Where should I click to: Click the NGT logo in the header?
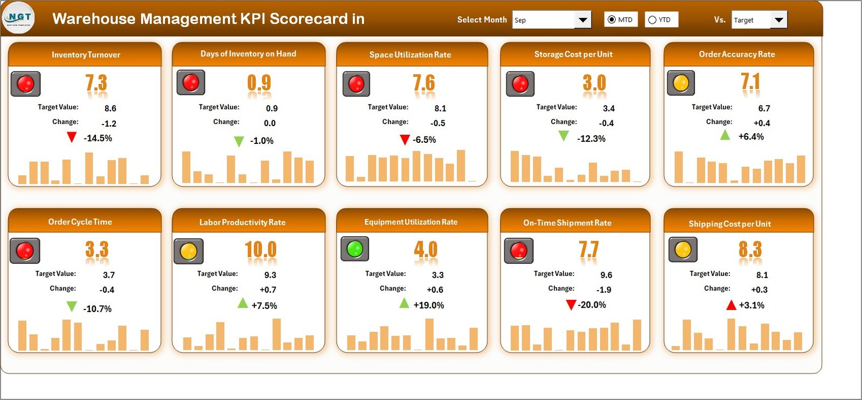point(19,18)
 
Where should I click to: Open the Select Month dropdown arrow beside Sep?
point(582,20)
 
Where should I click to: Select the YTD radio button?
point(652,20)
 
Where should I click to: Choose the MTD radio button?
point(611,19)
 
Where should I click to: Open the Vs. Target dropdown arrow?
point(778,20)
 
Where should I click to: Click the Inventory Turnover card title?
point(86,54)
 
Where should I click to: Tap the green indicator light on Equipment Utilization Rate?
point(354,249)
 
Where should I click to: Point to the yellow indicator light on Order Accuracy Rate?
point(681,83)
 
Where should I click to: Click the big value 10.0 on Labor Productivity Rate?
point(260,250)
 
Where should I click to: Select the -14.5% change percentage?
point(98,138)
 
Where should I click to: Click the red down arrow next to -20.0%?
point(571,305)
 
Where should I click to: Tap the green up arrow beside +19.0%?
point(404,304)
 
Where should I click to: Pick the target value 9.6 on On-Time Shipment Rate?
point(606,275)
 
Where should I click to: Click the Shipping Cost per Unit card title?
point(729,224)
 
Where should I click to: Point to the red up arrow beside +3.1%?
point(731,306)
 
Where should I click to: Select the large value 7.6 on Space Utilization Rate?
point(423,83)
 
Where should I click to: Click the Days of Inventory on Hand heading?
point(248,53)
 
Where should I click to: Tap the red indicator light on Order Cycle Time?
point(25,251)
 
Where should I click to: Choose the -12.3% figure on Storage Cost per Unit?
point(591,139)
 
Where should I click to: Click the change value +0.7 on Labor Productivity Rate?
point(268,289)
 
